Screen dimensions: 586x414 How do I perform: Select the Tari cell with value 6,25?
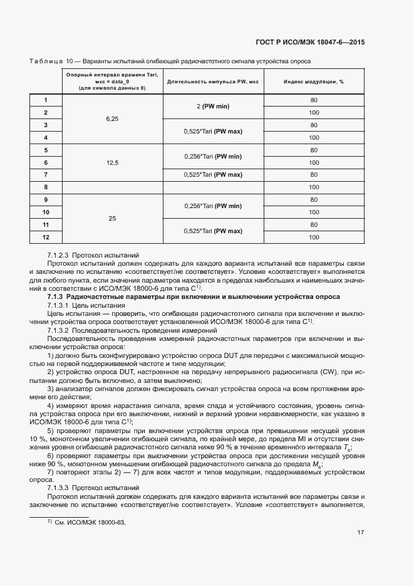[x=112, y=118]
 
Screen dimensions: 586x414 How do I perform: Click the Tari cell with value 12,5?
[x=112, y=162]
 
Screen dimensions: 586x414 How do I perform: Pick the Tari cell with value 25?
[x=112, y=218]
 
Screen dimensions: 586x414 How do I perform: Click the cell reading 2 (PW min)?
[x=213, y=106]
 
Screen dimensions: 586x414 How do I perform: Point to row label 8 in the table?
[x=46, y=187]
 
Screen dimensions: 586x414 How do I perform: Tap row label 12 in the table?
[x=46, y=237]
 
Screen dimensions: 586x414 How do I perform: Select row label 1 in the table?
[x=46, y=100]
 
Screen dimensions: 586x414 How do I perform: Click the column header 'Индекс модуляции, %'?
[x=314, y=81]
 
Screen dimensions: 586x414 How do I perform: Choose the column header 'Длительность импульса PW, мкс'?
[x=213, y=81]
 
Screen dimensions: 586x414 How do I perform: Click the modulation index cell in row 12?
[x=314, y=237]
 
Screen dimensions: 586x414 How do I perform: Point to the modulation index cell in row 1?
[x=314, y=100]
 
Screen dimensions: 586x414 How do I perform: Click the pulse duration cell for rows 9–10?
[x=213, y=206]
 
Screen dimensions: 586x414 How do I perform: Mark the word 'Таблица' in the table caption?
[x=46, y=61]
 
